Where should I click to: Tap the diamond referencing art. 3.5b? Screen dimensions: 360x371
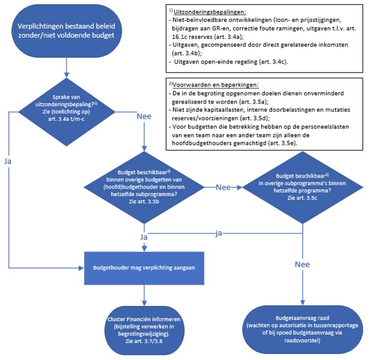click(x=144, y=186)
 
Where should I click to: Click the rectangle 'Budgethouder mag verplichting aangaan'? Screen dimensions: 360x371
click(x=144, y=268)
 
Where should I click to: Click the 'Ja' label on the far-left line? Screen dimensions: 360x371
click(x=8, y=160)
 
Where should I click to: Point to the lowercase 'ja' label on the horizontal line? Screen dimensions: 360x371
click(x=219, y=234)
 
